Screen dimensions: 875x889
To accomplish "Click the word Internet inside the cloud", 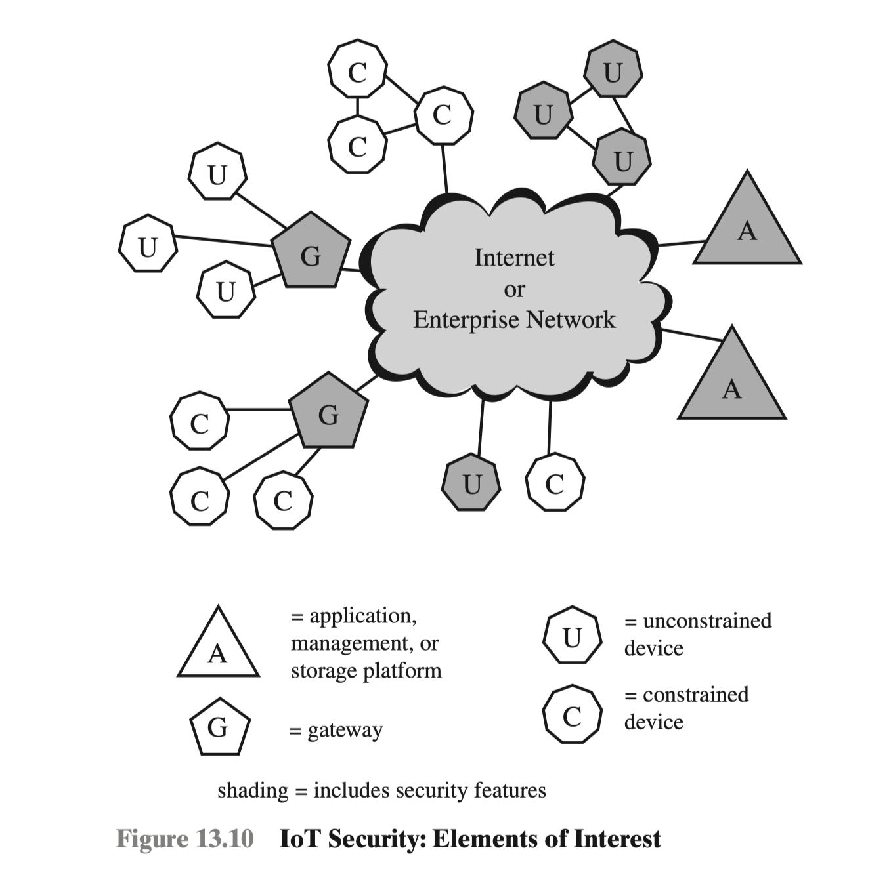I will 514,258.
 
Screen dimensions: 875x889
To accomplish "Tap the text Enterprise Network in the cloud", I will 514,319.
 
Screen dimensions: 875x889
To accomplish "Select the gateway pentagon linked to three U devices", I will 311,252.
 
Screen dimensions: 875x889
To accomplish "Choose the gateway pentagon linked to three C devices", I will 328,413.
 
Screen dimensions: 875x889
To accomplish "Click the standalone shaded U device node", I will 471,483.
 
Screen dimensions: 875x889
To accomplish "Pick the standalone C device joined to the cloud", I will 555,483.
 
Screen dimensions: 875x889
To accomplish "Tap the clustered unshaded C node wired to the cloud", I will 443,115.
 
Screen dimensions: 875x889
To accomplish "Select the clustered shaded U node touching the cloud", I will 622,159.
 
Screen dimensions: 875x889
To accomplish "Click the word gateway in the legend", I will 345,730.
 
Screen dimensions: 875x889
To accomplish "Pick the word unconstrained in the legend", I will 706,621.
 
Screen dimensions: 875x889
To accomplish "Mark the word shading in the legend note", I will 253,791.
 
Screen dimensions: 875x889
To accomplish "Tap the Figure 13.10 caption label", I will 184,839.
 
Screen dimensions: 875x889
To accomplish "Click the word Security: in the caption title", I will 377,839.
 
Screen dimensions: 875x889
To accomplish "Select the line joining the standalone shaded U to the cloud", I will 481,426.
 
